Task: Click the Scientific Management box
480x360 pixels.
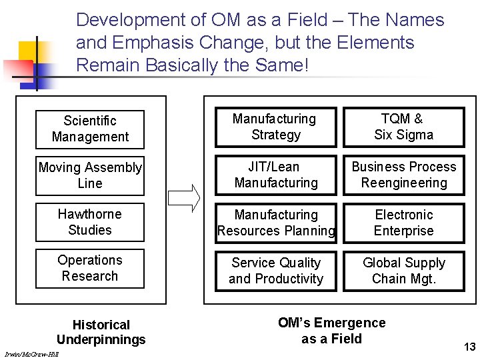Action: [x=90, y=129]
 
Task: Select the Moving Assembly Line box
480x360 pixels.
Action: [x=90, y=175]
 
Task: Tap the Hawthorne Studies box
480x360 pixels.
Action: [x=90, y=222]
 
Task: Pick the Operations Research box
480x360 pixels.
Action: [x=90, y=268]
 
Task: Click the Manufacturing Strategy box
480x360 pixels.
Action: [x=275, y=127]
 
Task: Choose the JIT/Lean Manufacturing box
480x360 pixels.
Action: [x=275, y=175]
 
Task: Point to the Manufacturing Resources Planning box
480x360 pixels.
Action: [x=275, y=223]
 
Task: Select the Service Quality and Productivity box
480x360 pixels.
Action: [x=275, y=271]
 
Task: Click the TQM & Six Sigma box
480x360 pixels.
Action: [x=403, y=127]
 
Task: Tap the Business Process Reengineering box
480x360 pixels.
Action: [x=403, y=175]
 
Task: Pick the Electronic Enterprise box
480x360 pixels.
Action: [x=403, y=223]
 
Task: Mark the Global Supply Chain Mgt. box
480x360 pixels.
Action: [x=403, y=271]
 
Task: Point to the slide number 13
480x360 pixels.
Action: [x=469, y=347]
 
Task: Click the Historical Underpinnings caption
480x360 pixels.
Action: [x=101, y=332]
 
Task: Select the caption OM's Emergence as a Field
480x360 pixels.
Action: [x=331, y=331]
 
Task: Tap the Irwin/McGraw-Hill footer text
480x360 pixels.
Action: [x=31, y=354]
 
